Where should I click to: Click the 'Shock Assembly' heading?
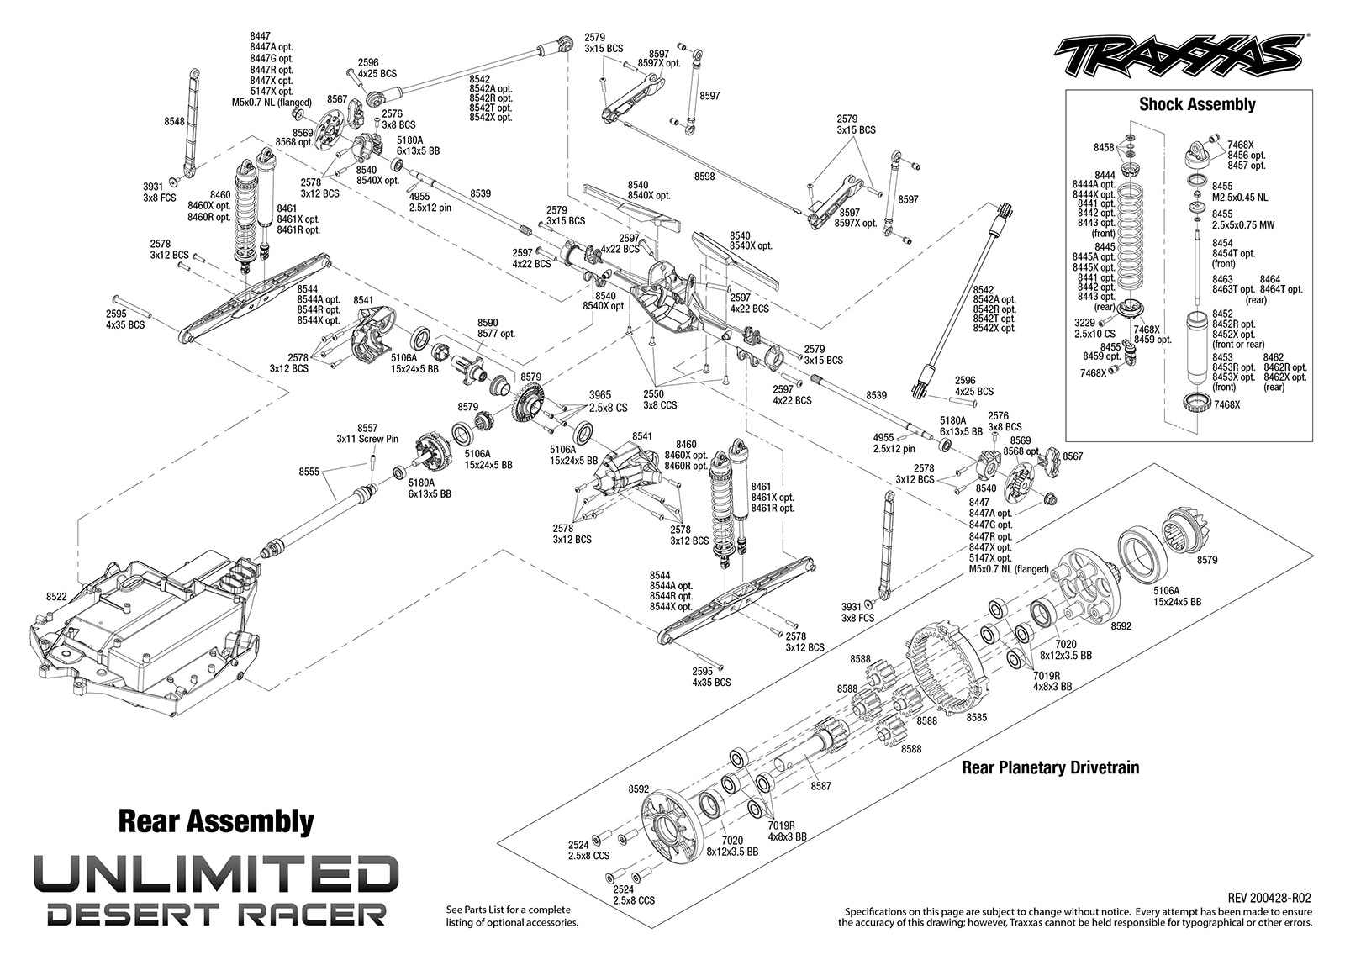[x=1197, y=104]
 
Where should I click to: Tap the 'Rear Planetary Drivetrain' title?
[x=1050, y=767]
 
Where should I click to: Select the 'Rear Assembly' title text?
[x=216, y=820]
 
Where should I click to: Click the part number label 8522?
[x=56, y=597]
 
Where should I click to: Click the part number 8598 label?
[x=705, y=177]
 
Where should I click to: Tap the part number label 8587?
[x=820, y=785]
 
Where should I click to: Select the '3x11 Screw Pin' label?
[x=367, y=439]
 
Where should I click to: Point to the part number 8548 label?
[x=175, y=121]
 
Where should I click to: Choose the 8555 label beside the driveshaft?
[x=310, y=472]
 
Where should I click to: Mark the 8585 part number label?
[x=977, y=717]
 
